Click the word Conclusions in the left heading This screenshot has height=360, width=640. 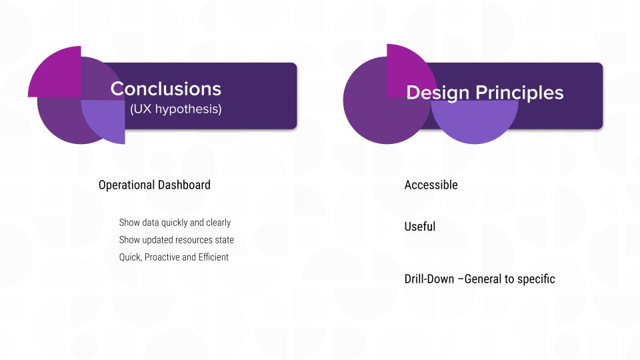(x=166, y=89)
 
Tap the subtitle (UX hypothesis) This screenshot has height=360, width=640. (x=175, y=109)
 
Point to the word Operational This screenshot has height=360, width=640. (x=127, y=185)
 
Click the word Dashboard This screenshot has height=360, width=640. (x=184, y=185)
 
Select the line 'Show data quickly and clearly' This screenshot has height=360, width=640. (x=175, y=223)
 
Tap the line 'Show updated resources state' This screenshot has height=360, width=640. (x=177, y=240)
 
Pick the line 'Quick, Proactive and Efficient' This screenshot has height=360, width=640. (x=174, y=257)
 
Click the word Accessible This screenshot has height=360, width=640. (x=431, y=185)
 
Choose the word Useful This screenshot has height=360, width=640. (x=420, y=227)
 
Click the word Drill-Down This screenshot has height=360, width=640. (x=429, y=279)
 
